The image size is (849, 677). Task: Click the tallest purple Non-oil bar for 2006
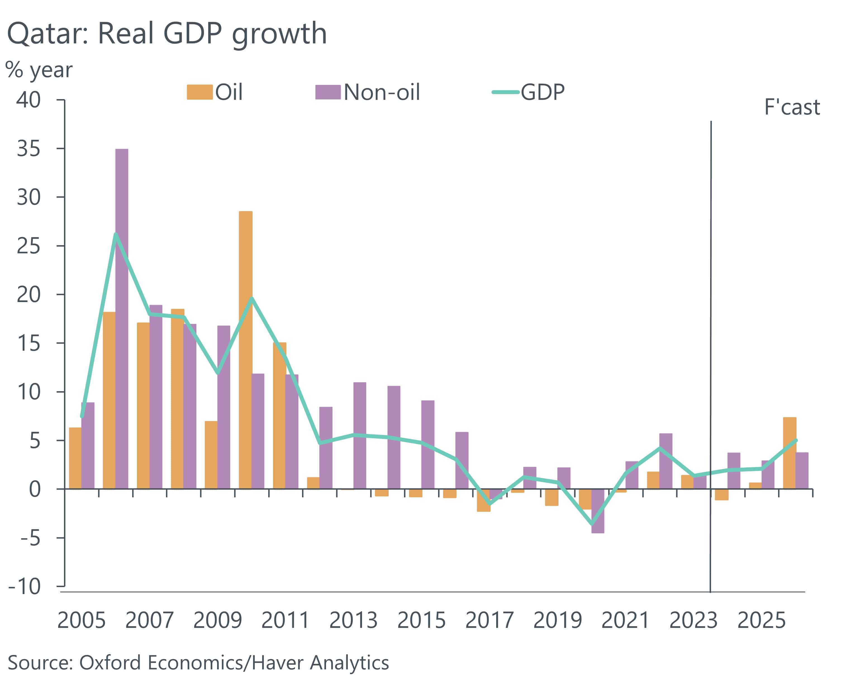click(122, 319)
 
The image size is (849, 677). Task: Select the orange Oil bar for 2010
click(246, 350)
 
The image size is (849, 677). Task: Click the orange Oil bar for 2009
click(211, 455)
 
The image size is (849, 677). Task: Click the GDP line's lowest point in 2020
click(591, 524)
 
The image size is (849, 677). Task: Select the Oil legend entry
click(215, 92)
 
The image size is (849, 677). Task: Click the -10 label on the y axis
click(24, 587)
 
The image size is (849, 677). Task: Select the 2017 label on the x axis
click(489, 621)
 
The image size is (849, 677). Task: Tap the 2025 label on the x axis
click(761, 621)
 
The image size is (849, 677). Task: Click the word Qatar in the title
click(47, 34)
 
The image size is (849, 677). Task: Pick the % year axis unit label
click(39, 70)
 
